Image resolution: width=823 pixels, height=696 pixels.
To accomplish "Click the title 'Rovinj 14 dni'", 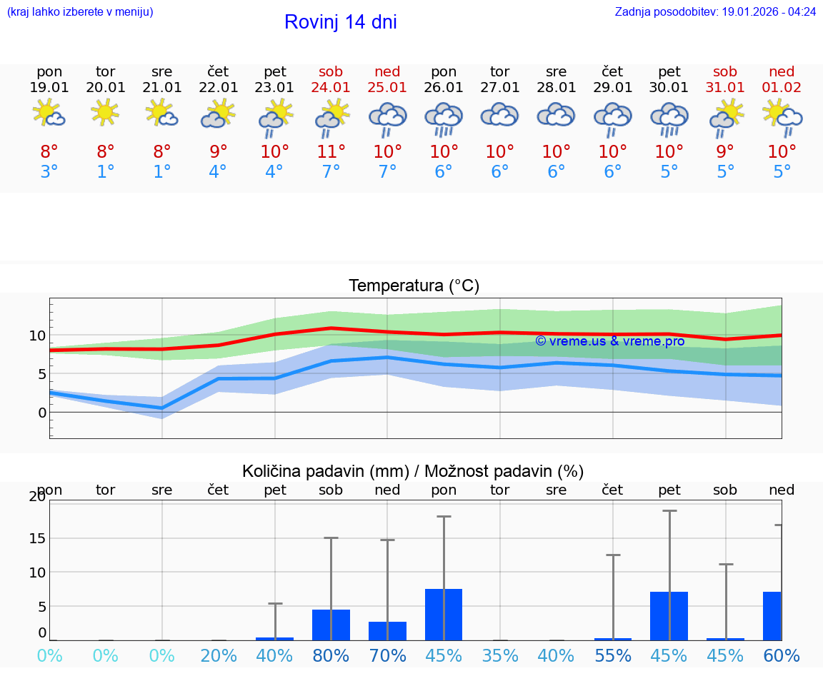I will [340, 22].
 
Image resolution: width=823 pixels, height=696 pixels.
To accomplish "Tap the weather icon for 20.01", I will [106, 112].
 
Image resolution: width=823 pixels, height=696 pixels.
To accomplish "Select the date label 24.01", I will [331, 87].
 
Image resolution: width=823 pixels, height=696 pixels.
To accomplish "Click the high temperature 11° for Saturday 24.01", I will [331, 151].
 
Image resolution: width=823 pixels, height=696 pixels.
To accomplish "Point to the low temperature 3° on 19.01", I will [49, 171].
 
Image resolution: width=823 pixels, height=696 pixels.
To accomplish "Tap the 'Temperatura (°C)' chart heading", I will [414, 286].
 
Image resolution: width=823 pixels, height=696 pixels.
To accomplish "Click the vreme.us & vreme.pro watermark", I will [609, 341].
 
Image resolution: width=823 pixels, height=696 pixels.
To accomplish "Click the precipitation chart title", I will [413, 470].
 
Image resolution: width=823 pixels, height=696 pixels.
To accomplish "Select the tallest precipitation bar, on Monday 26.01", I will [444, 614].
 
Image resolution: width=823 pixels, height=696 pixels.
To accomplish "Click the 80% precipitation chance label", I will [331, 655].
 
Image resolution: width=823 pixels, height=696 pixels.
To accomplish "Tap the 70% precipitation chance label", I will [387, 655].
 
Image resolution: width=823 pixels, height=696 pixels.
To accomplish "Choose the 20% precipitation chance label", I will [219, 655].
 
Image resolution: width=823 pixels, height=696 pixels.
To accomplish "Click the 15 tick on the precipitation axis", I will [37, 538].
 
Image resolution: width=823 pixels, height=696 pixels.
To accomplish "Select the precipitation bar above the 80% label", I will [331, 625].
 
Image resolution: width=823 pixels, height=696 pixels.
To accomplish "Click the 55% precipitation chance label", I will [612, 655].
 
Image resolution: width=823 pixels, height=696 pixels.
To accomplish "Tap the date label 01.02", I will [782, 87].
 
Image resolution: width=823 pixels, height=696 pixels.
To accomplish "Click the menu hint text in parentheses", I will [80, 11].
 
